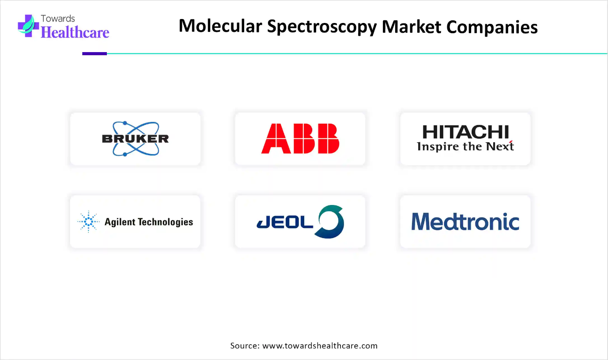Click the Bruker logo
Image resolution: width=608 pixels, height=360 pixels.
[x=135, y=139]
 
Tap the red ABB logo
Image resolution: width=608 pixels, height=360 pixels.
[x=300, y=138]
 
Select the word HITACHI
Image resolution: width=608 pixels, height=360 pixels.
[x=465, y=132]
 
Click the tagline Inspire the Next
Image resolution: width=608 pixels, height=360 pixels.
[x=465, y=146]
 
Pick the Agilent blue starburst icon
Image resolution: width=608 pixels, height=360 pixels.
[x=88, y=222]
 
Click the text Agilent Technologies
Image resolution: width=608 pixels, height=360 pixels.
[x=149, y=222]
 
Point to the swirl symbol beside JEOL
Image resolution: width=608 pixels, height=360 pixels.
[x=329, y=222]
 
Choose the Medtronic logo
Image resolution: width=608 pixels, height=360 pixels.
[x=465, y=222]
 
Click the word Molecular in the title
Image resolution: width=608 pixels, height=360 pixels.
[x=220, y=27]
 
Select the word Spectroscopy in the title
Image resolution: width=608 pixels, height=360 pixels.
[x=322, y=27]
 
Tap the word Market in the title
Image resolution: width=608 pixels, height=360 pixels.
[x=412, y=27]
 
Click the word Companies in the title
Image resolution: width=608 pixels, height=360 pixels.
[x=492, y=27]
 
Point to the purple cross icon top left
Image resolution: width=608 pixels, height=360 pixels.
[x=28, y=26]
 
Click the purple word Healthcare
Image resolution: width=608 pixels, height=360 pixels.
[x=75, y=32]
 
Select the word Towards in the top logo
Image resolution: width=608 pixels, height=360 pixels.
[x=58, y=19]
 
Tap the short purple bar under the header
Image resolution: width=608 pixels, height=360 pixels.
[x=94, y=54]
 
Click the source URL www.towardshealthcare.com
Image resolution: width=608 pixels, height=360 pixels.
[x=320, y=345]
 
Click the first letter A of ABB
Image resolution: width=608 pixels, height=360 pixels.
[x=276, y=138]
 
